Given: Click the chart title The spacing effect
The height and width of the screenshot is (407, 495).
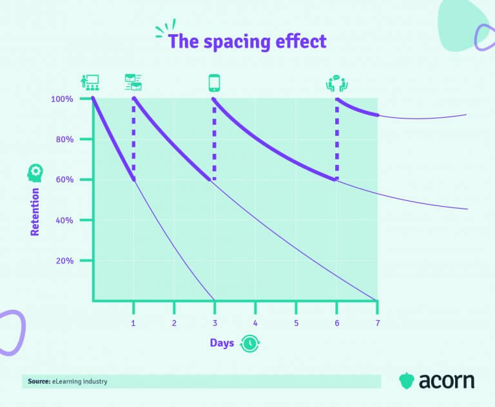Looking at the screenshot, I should point(247,42).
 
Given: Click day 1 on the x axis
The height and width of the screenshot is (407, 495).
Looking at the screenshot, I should point(133,322).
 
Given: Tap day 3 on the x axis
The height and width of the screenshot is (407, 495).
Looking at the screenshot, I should point(215,322).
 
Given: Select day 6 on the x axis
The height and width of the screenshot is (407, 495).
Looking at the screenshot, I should point(336,322).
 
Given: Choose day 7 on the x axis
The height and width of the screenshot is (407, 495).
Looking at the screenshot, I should point(377,322).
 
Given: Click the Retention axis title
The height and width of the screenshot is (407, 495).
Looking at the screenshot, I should point(35,211).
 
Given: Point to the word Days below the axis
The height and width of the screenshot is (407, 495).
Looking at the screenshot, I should point(222,343).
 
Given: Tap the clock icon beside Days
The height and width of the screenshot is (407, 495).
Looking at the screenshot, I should point(248,344).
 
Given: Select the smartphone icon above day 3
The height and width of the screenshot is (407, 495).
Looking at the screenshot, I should point(214,83).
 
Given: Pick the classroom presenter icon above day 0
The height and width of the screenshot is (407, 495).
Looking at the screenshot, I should point(90,82).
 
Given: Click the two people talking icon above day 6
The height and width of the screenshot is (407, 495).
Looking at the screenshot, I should point(336,84).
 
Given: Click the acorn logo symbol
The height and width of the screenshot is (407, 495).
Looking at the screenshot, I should point(406,380).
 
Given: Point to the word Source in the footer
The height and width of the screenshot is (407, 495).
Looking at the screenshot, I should point(39,381).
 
